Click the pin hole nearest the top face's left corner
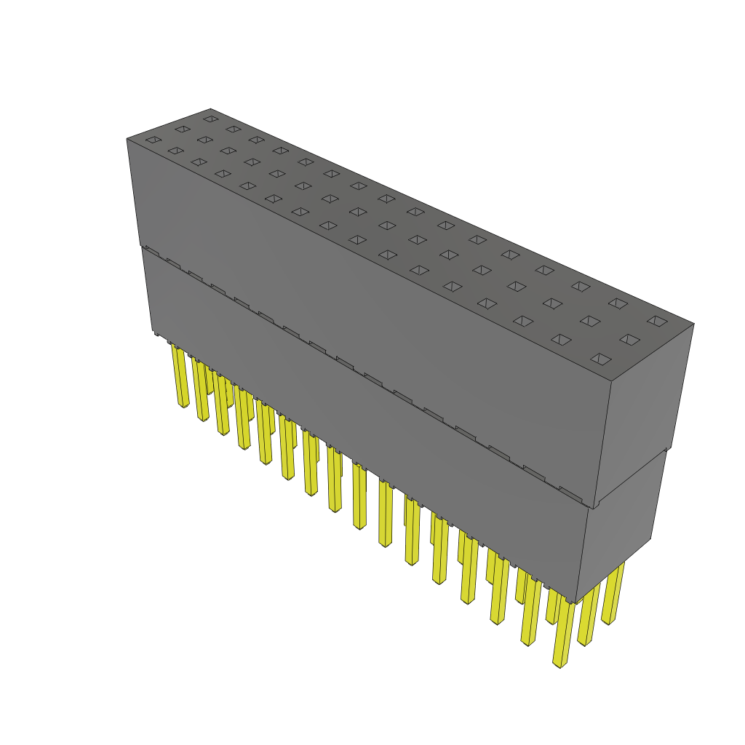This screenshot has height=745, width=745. coord(153,140)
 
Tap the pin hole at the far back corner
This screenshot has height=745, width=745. coord(210,119)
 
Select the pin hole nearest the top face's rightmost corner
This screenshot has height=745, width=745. coord(657,321)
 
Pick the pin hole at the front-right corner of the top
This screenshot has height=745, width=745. coord(600,359)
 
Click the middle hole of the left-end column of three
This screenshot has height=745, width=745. coord(182,130)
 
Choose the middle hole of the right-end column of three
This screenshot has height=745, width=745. coord(629,340)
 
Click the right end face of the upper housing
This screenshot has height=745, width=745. coord(644,415)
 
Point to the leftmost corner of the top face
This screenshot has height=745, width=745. coord(127,138)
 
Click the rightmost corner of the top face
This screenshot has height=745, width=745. coord(693,324)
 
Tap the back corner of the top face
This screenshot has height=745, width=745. coord(210,108)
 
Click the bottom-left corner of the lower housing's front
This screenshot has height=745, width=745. coord(154,331)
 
